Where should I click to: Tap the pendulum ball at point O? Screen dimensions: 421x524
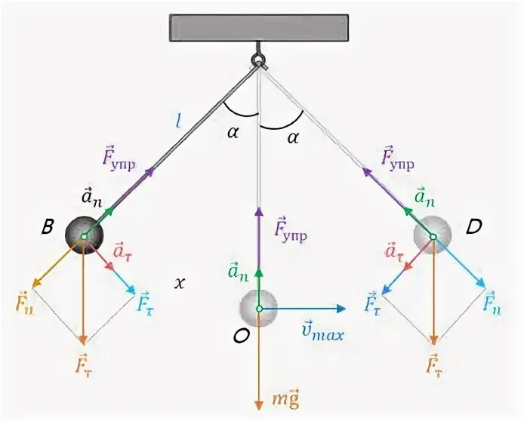pos(258,309)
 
